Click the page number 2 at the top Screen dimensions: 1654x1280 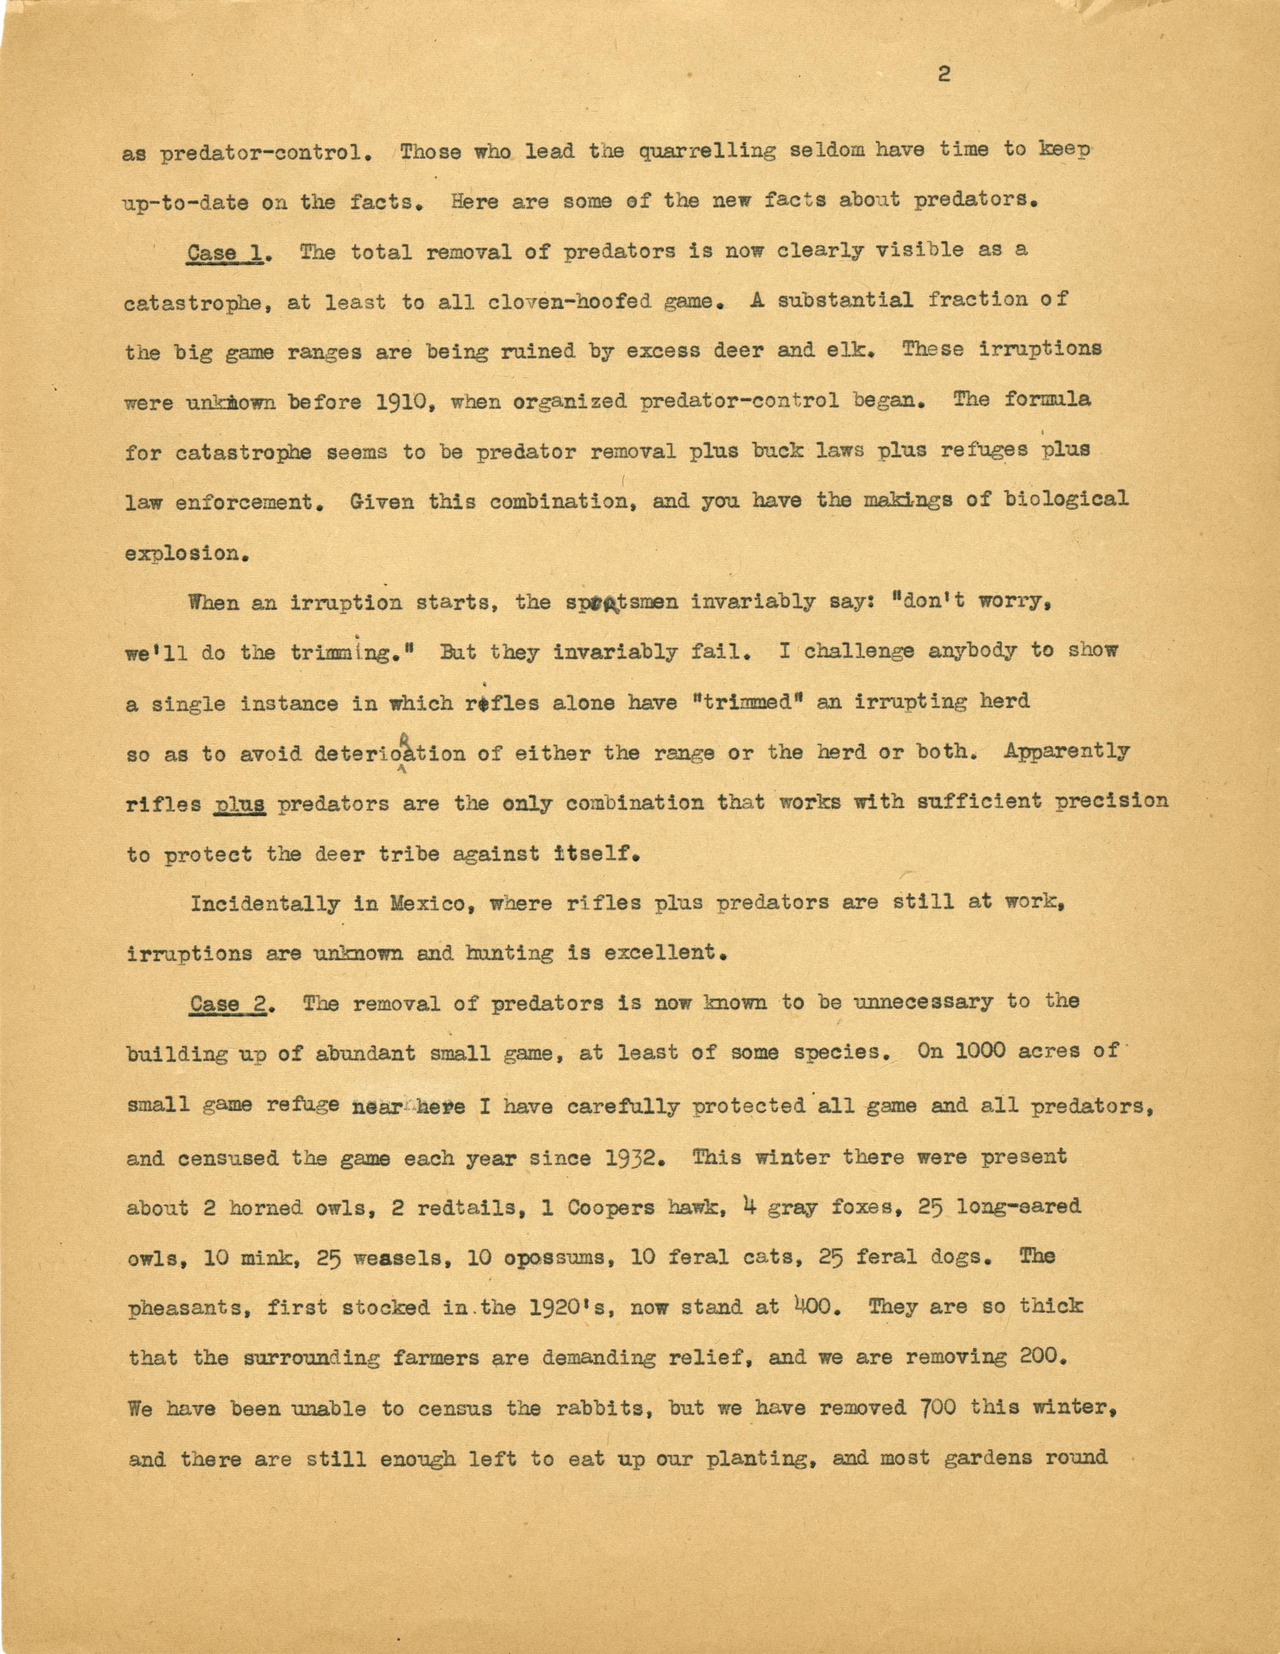point(943,74)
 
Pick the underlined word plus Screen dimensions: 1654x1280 point(239,804)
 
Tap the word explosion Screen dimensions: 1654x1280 point(186,554)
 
